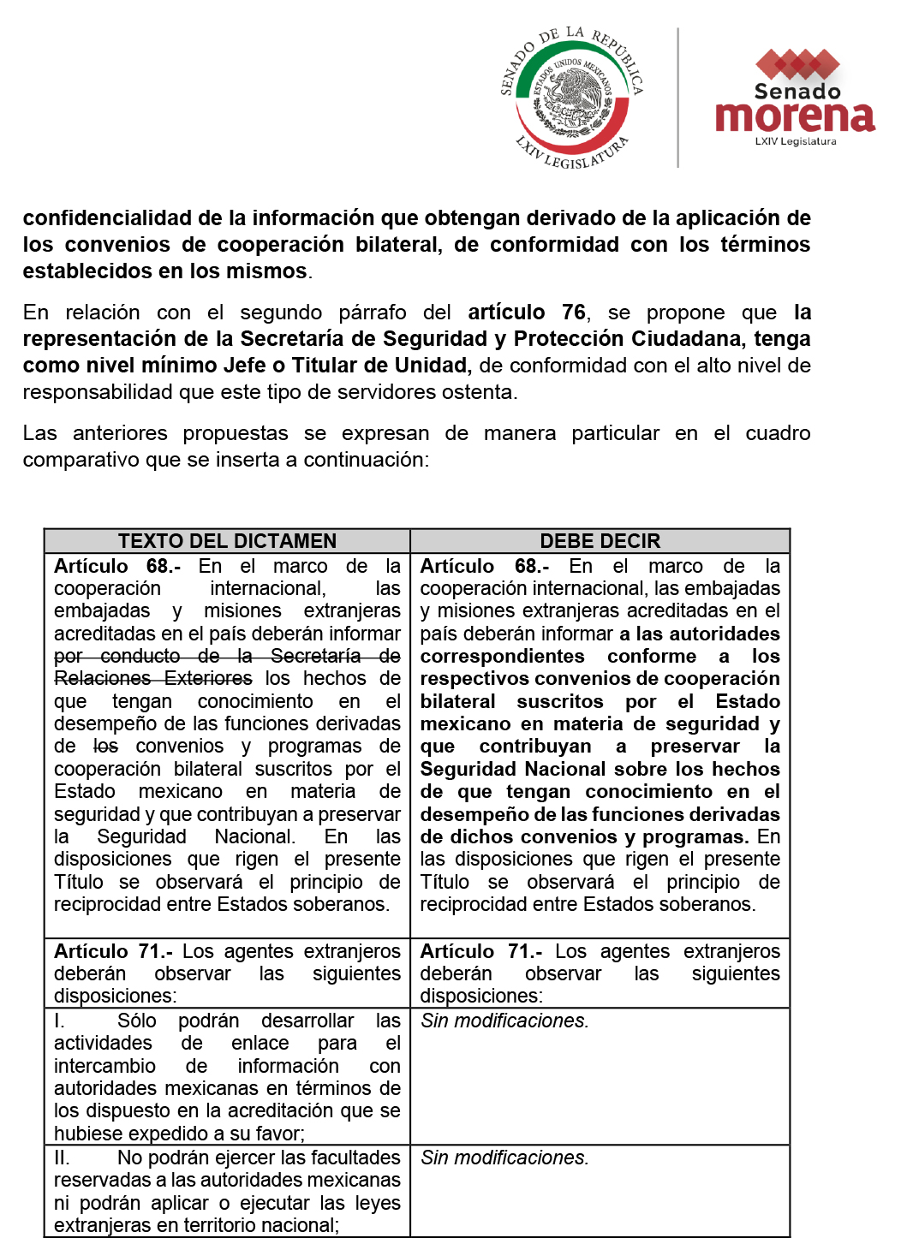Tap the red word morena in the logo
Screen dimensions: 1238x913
(x=795, y=117)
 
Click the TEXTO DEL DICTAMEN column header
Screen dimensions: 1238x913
(x=227, y=541)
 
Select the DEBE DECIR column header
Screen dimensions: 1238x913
(x=600, y=541)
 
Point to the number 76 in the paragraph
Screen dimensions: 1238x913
(x=573, y=312)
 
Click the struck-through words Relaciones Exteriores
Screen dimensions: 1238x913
(x=153, y=679)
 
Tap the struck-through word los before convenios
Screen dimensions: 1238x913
(x=105, y=747)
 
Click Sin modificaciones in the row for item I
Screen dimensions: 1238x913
(x=504, y=1021)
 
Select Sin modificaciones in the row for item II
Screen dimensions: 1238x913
(x=504, y=1158)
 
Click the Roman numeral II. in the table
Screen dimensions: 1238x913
(x=62, y=1158)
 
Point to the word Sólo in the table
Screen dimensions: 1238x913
(x=137, y=1021)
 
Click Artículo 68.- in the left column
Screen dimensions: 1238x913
(x=117, y=567)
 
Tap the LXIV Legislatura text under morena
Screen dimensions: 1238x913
(x=795, y=142)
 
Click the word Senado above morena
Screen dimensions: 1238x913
(x=797, y=92)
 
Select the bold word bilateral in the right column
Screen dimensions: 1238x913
(x=457, y=702)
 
